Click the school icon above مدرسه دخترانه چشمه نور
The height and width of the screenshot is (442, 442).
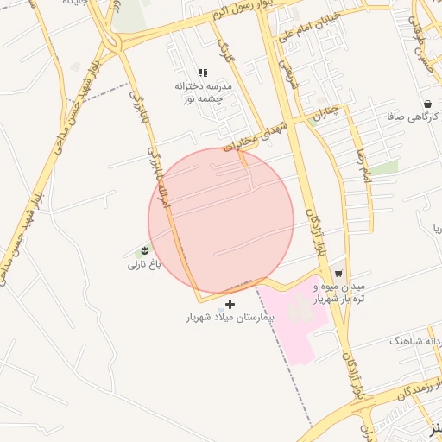(203, 73)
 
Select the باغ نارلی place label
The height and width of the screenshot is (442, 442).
(145, 264)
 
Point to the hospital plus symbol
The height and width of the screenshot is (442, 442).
(230, 304)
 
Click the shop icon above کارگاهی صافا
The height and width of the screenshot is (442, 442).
(427, 104)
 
